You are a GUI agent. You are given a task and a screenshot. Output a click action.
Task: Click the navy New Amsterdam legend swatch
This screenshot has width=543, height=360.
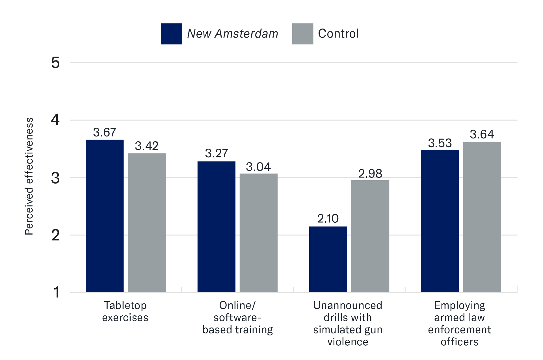171,34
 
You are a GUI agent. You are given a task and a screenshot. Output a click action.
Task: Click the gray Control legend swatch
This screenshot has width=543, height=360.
302,34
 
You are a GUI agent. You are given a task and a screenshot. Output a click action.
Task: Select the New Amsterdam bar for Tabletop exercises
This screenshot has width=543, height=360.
105,216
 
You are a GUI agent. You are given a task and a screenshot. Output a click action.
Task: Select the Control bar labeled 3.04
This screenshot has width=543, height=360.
258,233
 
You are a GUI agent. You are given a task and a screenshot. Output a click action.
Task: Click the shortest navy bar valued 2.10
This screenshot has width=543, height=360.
328,259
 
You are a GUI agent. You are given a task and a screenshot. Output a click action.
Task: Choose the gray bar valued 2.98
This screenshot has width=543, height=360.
370,236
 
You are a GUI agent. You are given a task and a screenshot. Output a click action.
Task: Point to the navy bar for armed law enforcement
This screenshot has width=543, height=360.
440,221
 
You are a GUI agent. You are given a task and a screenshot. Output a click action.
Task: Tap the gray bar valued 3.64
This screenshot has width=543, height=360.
482,217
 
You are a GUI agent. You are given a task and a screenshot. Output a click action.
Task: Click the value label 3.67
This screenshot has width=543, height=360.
105,132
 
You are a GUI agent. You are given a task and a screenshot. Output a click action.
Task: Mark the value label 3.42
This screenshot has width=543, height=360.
146,146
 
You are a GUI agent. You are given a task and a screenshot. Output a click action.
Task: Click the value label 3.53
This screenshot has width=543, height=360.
440,143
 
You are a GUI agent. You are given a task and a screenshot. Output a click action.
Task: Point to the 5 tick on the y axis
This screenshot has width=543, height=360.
55,63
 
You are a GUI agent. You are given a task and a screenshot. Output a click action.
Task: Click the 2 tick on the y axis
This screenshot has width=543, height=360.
55,235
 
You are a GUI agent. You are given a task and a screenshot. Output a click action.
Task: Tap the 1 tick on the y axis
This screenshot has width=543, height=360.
56,292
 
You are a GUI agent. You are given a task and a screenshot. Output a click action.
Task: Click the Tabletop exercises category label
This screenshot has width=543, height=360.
125,311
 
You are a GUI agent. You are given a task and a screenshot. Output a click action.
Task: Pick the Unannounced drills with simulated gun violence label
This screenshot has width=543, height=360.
348,324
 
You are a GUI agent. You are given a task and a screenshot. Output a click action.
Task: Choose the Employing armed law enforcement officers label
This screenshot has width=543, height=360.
459,324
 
